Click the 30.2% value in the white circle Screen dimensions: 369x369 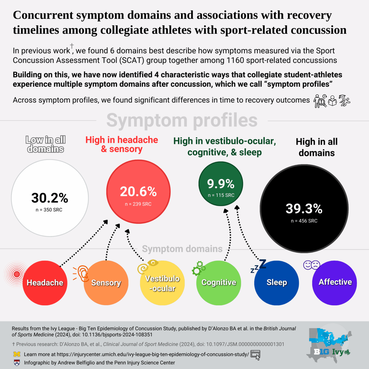click(50, 198)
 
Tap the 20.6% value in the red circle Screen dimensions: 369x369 click(138, 191)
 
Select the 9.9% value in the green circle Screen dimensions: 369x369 click(221, 184)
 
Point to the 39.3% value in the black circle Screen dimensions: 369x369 click(304, 208)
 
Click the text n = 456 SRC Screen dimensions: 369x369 click(304, 221)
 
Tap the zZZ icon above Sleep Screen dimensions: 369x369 click(259, 266)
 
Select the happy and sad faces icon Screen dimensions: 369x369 click(312, 265)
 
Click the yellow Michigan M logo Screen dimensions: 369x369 click(17, 354)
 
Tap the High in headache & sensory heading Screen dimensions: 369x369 click(122, 144)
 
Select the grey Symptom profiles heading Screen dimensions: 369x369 click(182, 120)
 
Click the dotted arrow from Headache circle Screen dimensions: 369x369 click(84, 243)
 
